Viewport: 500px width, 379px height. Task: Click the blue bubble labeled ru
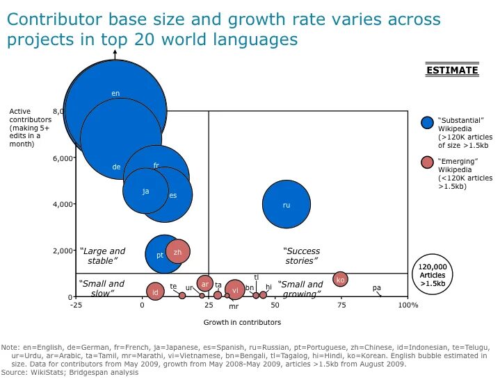(x=287, y=204)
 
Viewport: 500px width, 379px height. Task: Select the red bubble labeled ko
(x=340, y=280)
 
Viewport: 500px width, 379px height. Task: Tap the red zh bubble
(x=177, y=251)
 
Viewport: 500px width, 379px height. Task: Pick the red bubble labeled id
(x=155, y=292)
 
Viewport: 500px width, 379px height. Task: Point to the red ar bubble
(x=205, y=284)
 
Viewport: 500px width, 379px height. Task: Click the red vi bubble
(x=235, y=289)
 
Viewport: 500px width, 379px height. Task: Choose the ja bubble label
(x=146, y=191)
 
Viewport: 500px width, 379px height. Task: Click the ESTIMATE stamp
(x=452, y=69)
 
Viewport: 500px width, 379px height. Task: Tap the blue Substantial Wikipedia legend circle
(x=427, y=122)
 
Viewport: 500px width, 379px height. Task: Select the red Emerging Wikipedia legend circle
(x=427, y=162)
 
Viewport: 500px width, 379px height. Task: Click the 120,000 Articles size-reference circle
(x=433, y=274)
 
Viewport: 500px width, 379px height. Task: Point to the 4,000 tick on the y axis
(x=74, y=203)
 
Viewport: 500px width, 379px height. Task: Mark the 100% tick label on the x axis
(x=408, y=305)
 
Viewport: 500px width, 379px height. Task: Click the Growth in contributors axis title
(x=242, y=322)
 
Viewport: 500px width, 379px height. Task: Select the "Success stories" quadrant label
(x=301, y=256)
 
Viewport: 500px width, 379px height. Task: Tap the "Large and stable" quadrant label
(x=102, y=256)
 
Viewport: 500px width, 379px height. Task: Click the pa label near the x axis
(x=377, y=288)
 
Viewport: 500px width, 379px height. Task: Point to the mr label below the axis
(x=234, y=306)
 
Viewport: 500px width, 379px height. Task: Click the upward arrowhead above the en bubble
(x=115, y=52)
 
